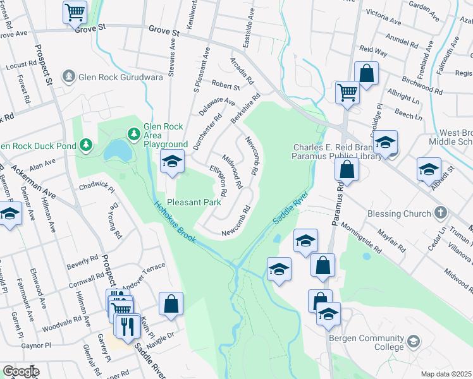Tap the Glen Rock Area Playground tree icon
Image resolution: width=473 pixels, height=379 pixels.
(134, 133)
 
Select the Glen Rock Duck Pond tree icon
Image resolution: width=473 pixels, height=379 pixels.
(86, 146)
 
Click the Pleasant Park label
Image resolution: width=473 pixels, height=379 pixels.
(197, 202)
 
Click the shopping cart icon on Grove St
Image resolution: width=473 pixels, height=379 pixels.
(75, 11)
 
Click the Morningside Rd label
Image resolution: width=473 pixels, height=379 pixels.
(361, 236)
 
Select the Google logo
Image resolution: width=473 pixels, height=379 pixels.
(20, 371)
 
